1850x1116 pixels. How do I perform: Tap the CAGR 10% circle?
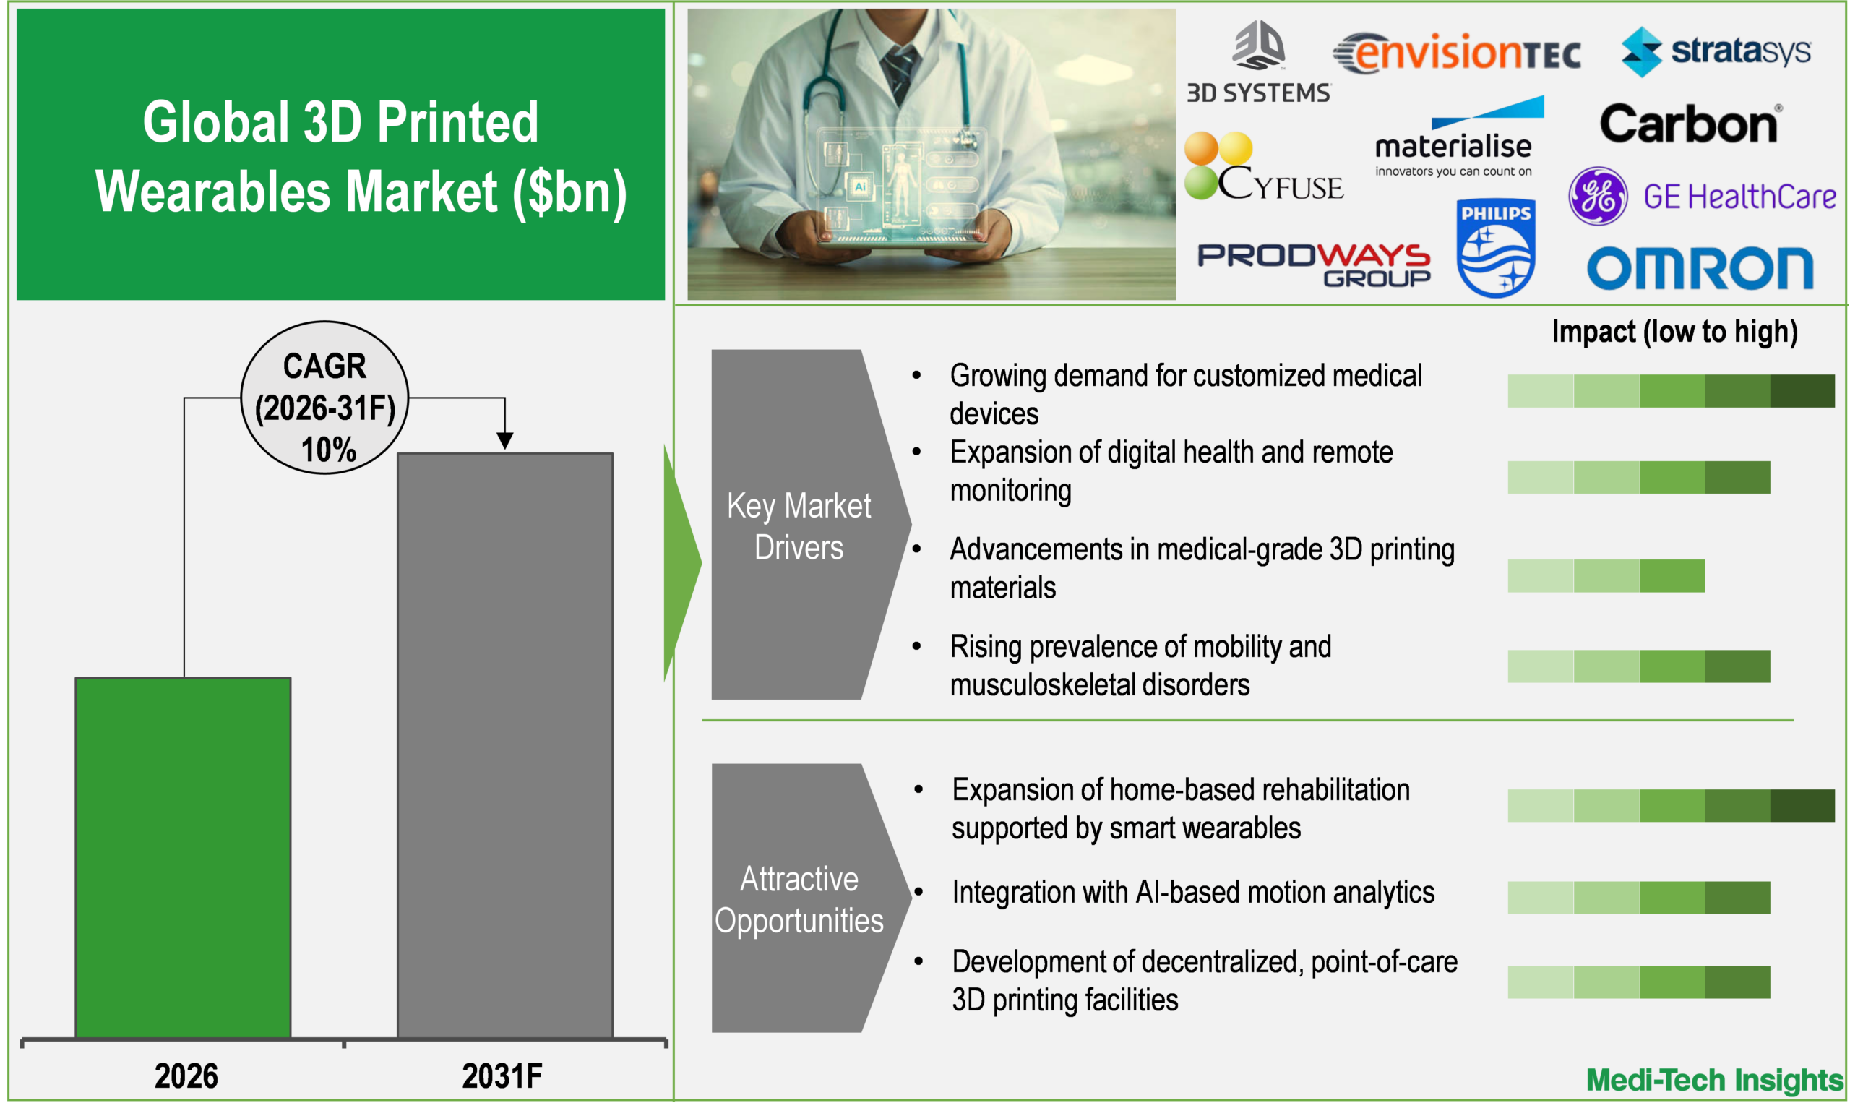click(324, 398)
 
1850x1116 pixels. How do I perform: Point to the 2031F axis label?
click(502, 1076)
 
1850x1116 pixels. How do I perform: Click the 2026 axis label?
click(186, 1076)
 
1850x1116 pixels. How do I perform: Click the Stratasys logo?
click(1716, 51)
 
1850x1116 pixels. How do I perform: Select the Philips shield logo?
click(1495, 248)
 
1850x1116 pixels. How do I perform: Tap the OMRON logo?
click(1700, 268)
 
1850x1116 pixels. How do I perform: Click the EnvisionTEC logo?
click(1457, 54)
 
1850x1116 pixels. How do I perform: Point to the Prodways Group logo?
click(1314, 265)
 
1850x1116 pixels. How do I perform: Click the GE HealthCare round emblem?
click(1598, 196)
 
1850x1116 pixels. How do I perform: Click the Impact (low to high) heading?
click(1674, 332)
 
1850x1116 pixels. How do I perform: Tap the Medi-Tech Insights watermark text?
click(1714, 1080)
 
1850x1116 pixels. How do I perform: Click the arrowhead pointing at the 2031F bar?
click(504, 440)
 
